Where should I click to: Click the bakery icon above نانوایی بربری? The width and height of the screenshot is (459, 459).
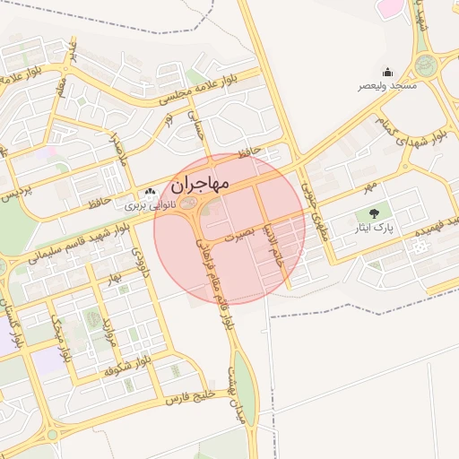[x=148, y=192]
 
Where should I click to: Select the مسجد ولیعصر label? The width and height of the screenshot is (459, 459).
[x=388, y=85]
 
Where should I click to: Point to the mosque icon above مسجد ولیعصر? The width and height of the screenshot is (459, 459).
[x=387, y=72]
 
